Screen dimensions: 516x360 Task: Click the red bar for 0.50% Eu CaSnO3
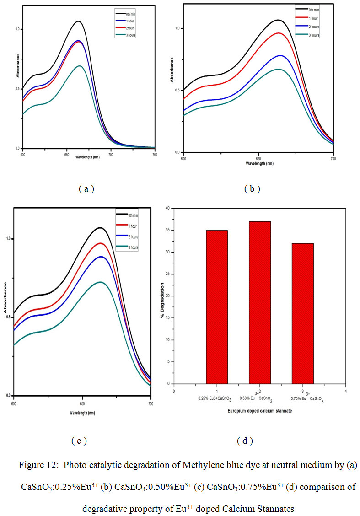259,302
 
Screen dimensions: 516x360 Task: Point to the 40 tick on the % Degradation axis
167,208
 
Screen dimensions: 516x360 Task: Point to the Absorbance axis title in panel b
172,70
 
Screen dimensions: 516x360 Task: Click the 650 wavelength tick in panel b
258,158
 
